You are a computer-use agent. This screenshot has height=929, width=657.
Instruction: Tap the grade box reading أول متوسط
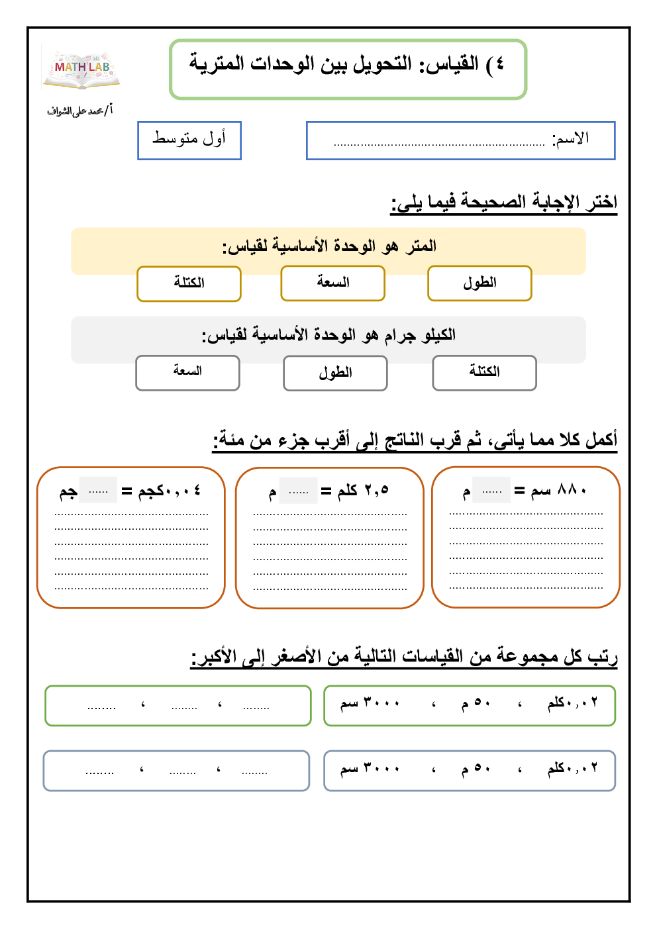click(x=189, y=140)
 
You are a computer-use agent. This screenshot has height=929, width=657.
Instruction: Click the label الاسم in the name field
click(x=570, y=138)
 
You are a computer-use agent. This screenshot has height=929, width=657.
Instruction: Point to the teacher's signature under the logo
click(x=79, y=111)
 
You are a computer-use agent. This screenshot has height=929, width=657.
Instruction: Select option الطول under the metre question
click(x=480, y=283)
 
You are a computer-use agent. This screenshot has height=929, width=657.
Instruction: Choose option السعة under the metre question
click(x=332, y=283)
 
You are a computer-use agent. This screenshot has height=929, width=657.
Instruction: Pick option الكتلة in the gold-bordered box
click(x=189, y=283)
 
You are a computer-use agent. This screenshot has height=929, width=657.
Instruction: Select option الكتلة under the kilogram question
click(x=484, y=372)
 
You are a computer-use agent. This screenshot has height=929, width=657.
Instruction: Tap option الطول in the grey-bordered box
click(x=335, y=373)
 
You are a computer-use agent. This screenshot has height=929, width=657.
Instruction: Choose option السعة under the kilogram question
click(x=187, y=371)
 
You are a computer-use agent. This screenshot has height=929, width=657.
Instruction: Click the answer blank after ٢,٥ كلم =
click(x=299, y=491)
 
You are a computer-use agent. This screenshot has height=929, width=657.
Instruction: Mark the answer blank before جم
click(x=98, y=491)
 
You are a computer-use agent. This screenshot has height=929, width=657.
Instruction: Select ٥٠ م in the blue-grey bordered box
click(x=476, y=769)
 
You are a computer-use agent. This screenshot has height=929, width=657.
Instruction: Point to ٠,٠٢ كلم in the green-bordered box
click(x=572, y=703)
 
